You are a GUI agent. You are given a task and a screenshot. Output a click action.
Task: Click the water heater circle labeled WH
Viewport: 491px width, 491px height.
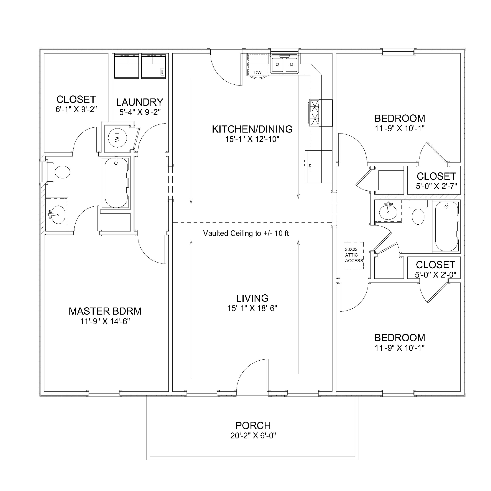pyautogui.click(x=117, y=138)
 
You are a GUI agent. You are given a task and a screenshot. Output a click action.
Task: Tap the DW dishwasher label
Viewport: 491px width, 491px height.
pyautogui.click(x=258, y=73)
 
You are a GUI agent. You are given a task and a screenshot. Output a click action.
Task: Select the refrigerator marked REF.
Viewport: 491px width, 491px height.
pyautogui.click(x=318, y=166)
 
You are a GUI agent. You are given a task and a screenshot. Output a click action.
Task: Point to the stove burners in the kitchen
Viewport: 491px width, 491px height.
pyautogui.click(x=314, y=113)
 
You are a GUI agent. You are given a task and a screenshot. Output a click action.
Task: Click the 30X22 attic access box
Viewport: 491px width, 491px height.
pyautogui.click(x=353, y=255)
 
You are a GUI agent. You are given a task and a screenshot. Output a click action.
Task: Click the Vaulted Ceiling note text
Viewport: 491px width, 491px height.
pyautogui.click(x=246, y=233)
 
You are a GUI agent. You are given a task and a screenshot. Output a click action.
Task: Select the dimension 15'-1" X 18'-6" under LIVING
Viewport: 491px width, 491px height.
pyautogui.click(x=252, y=308)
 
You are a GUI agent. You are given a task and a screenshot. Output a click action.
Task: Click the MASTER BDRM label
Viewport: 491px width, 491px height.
pyautogui.click(x=105, y=311)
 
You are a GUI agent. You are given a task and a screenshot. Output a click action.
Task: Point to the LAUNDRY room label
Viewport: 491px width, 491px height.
pyautogui.click(x=139, y=102)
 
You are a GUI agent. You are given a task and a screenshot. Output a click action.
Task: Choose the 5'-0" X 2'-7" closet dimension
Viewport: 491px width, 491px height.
pyautogui.click(x=436, y=186)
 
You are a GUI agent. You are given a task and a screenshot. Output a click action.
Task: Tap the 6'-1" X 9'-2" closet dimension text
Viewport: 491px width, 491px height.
pyautogui.click(x=76, y=110)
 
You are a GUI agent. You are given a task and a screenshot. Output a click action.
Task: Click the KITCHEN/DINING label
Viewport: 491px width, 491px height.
pyautogui.click(x=252, y=129)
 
